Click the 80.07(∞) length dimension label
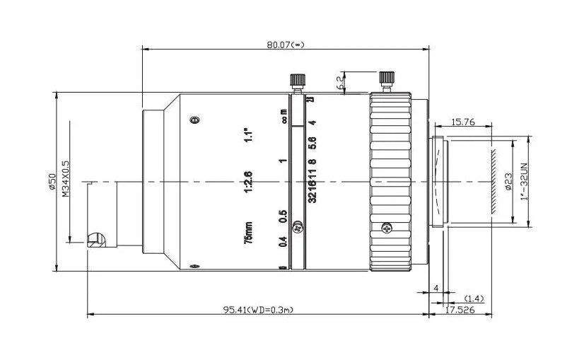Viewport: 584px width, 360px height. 285,44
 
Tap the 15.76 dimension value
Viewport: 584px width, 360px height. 463,122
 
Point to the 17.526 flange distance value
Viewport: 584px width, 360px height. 460,310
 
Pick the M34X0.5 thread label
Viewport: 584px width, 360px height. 66,179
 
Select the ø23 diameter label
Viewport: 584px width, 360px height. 508,182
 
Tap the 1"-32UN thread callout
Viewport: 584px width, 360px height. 524,182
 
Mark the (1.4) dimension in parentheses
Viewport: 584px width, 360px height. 474,298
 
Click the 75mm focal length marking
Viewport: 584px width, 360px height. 248,233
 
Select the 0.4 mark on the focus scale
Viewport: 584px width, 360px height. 283,242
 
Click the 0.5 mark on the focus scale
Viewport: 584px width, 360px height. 283,215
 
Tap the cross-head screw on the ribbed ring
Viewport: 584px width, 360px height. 386,228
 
